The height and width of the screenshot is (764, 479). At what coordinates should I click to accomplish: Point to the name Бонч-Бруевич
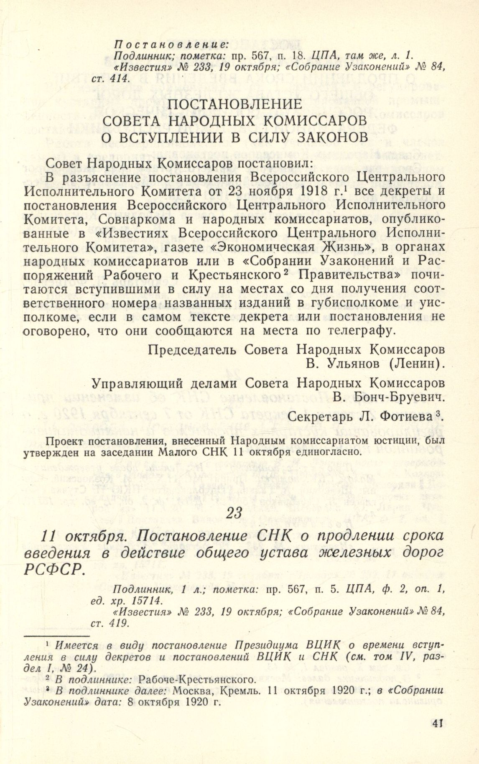(x=387, y=397)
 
